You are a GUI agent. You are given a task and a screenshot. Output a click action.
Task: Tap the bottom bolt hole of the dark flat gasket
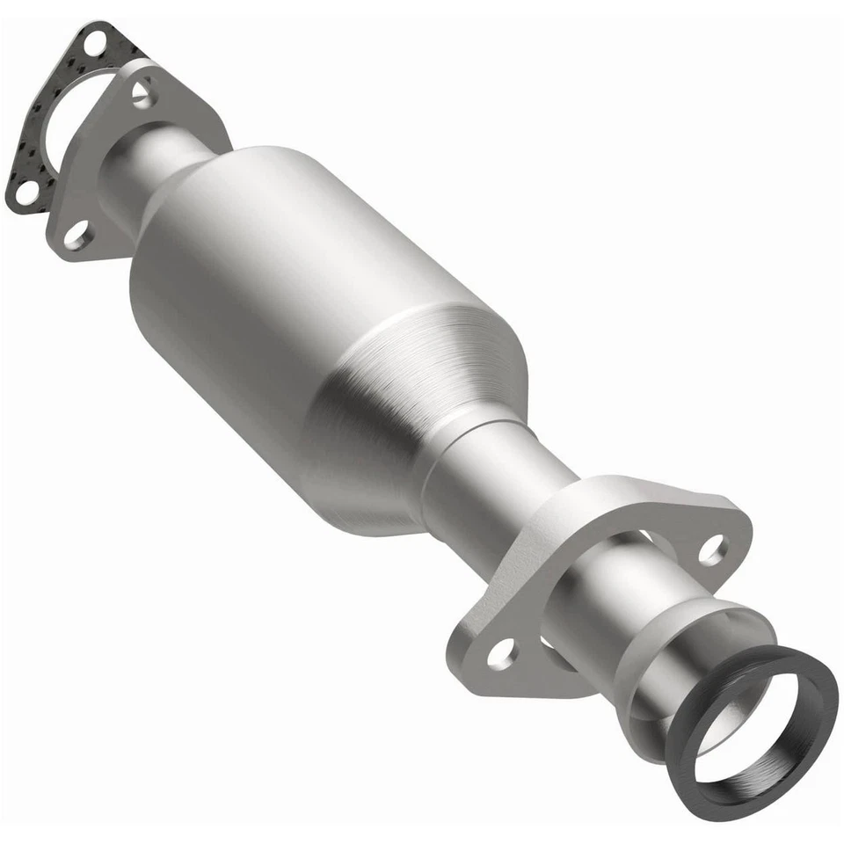pos(26,191)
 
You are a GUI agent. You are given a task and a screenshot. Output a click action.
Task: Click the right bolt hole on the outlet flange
pos(713,549)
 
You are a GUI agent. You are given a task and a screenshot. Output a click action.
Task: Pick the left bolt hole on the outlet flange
pos(501,652)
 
